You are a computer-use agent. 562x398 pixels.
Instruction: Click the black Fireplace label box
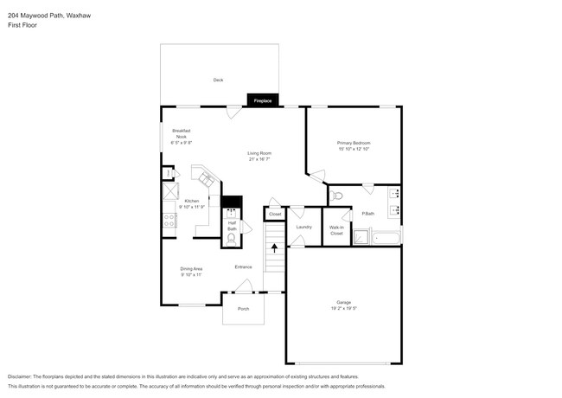[262, 101]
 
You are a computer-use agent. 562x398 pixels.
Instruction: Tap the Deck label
[219, 80]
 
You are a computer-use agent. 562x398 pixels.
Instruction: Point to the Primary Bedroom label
[354, 142]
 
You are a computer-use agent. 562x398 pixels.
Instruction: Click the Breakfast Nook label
[182, 133]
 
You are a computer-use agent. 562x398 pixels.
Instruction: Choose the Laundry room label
[303, 227]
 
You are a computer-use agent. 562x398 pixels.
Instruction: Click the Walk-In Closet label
[336, 231]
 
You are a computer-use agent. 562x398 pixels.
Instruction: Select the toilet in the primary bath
[337, 196]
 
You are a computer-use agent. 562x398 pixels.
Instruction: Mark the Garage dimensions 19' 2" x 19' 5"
[344, 308]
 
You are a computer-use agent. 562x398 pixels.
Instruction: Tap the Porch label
[243, 308]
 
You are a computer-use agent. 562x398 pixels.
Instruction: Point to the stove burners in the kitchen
[169, 221]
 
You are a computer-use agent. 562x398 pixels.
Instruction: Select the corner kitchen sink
[207, 179]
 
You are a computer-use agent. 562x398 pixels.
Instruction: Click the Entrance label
[243, 266]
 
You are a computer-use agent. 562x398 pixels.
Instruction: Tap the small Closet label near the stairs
[275, 213]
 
